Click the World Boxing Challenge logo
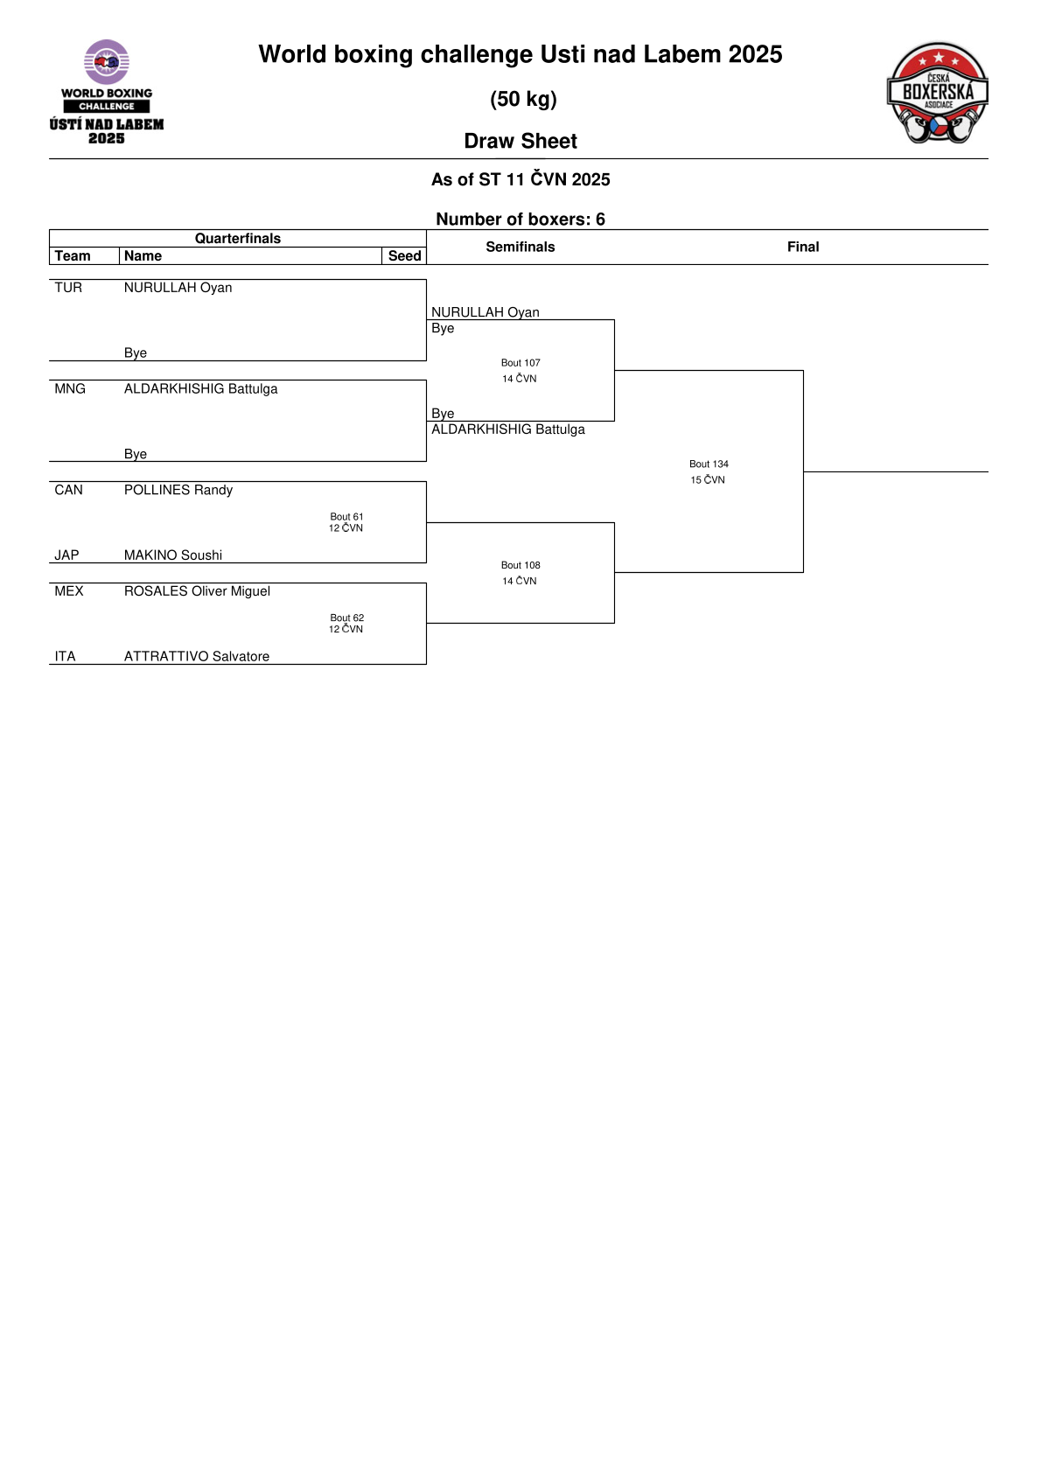(107, 92)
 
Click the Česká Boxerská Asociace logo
(937, 92)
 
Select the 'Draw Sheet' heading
(520, 141)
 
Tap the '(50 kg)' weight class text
(523, 99)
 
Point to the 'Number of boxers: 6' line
(520, 219)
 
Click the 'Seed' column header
(404, 255)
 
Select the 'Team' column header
(73, 255)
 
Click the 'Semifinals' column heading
(520, 247)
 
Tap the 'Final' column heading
(803, 247)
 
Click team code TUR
(68, 288)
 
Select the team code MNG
(70, 388)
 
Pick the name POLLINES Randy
(178, 490)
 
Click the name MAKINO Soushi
(173, 555)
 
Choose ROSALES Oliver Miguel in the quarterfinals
(198, 591)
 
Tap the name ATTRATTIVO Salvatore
(197, 656)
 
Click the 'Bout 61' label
(346, 517)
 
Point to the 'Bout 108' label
(520, 565)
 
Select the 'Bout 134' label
(709, 464)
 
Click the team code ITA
(65, 656)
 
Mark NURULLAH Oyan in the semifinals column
(486, 312)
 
